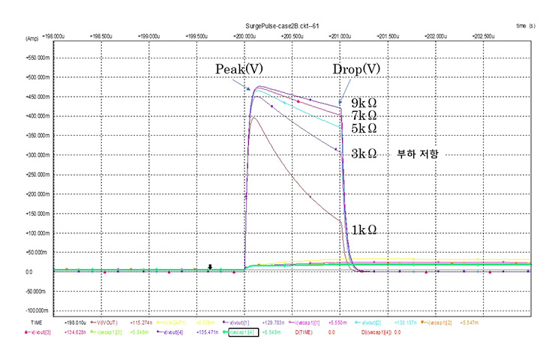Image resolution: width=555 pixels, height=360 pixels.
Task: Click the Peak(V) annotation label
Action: (238, 69)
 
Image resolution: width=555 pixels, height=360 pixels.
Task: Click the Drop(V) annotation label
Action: (357, 69)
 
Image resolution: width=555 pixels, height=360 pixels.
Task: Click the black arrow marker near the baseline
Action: (211, 266)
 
